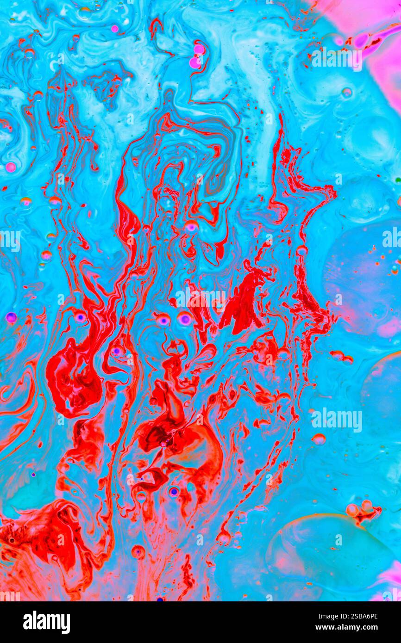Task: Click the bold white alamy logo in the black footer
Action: click(47, 622)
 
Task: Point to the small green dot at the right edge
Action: click(398, 179)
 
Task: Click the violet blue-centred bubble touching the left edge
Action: click(11, 317)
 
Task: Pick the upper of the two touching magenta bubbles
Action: click(199, 49)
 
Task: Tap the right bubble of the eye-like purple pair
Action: click(184, 318)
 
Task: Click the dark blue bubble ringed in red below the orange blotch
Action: click(173, 491)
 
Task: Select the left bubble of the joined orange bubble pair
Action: click(352, 510)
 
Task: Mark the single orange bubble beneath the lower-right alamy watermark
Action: click(319, 439)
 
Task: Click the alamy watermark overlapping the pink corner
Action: click(337, 59)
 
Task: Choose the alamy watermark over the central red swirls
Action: click(200, 299)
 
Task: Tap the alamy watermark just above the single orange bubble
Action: click(337, 420)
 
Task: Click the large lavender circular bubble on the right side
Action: click(363, 278)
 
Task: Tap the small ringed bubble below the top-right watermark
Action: click(346, 92)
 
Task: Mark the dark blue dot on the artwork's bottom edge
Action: click(160, 599)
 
